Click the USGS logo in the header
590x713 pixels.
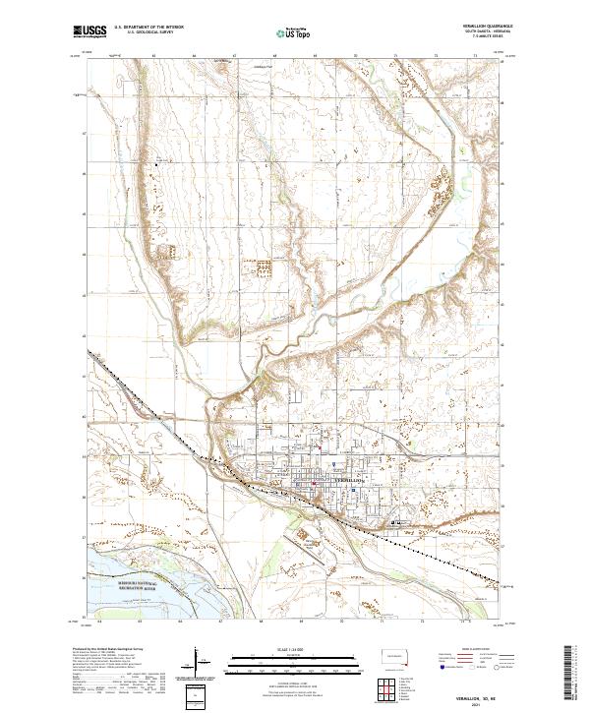click(90, 31)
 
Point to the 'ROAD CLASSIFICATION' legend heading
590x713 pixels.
click(478, 650)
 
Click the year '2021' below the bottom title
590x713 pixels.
click(480, 702)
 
